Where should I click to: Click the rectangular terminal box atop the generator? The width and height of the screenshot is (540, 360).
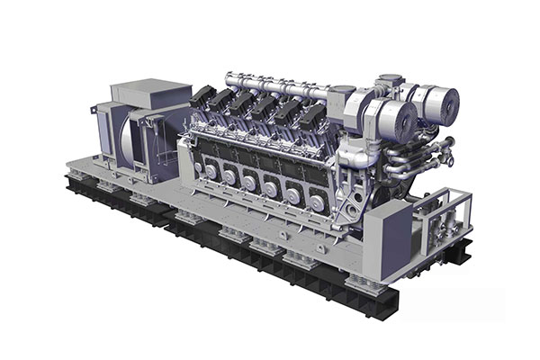[150, 94]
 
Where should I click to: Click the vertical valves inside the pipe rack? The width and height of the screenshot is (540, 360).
[445, 216]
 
